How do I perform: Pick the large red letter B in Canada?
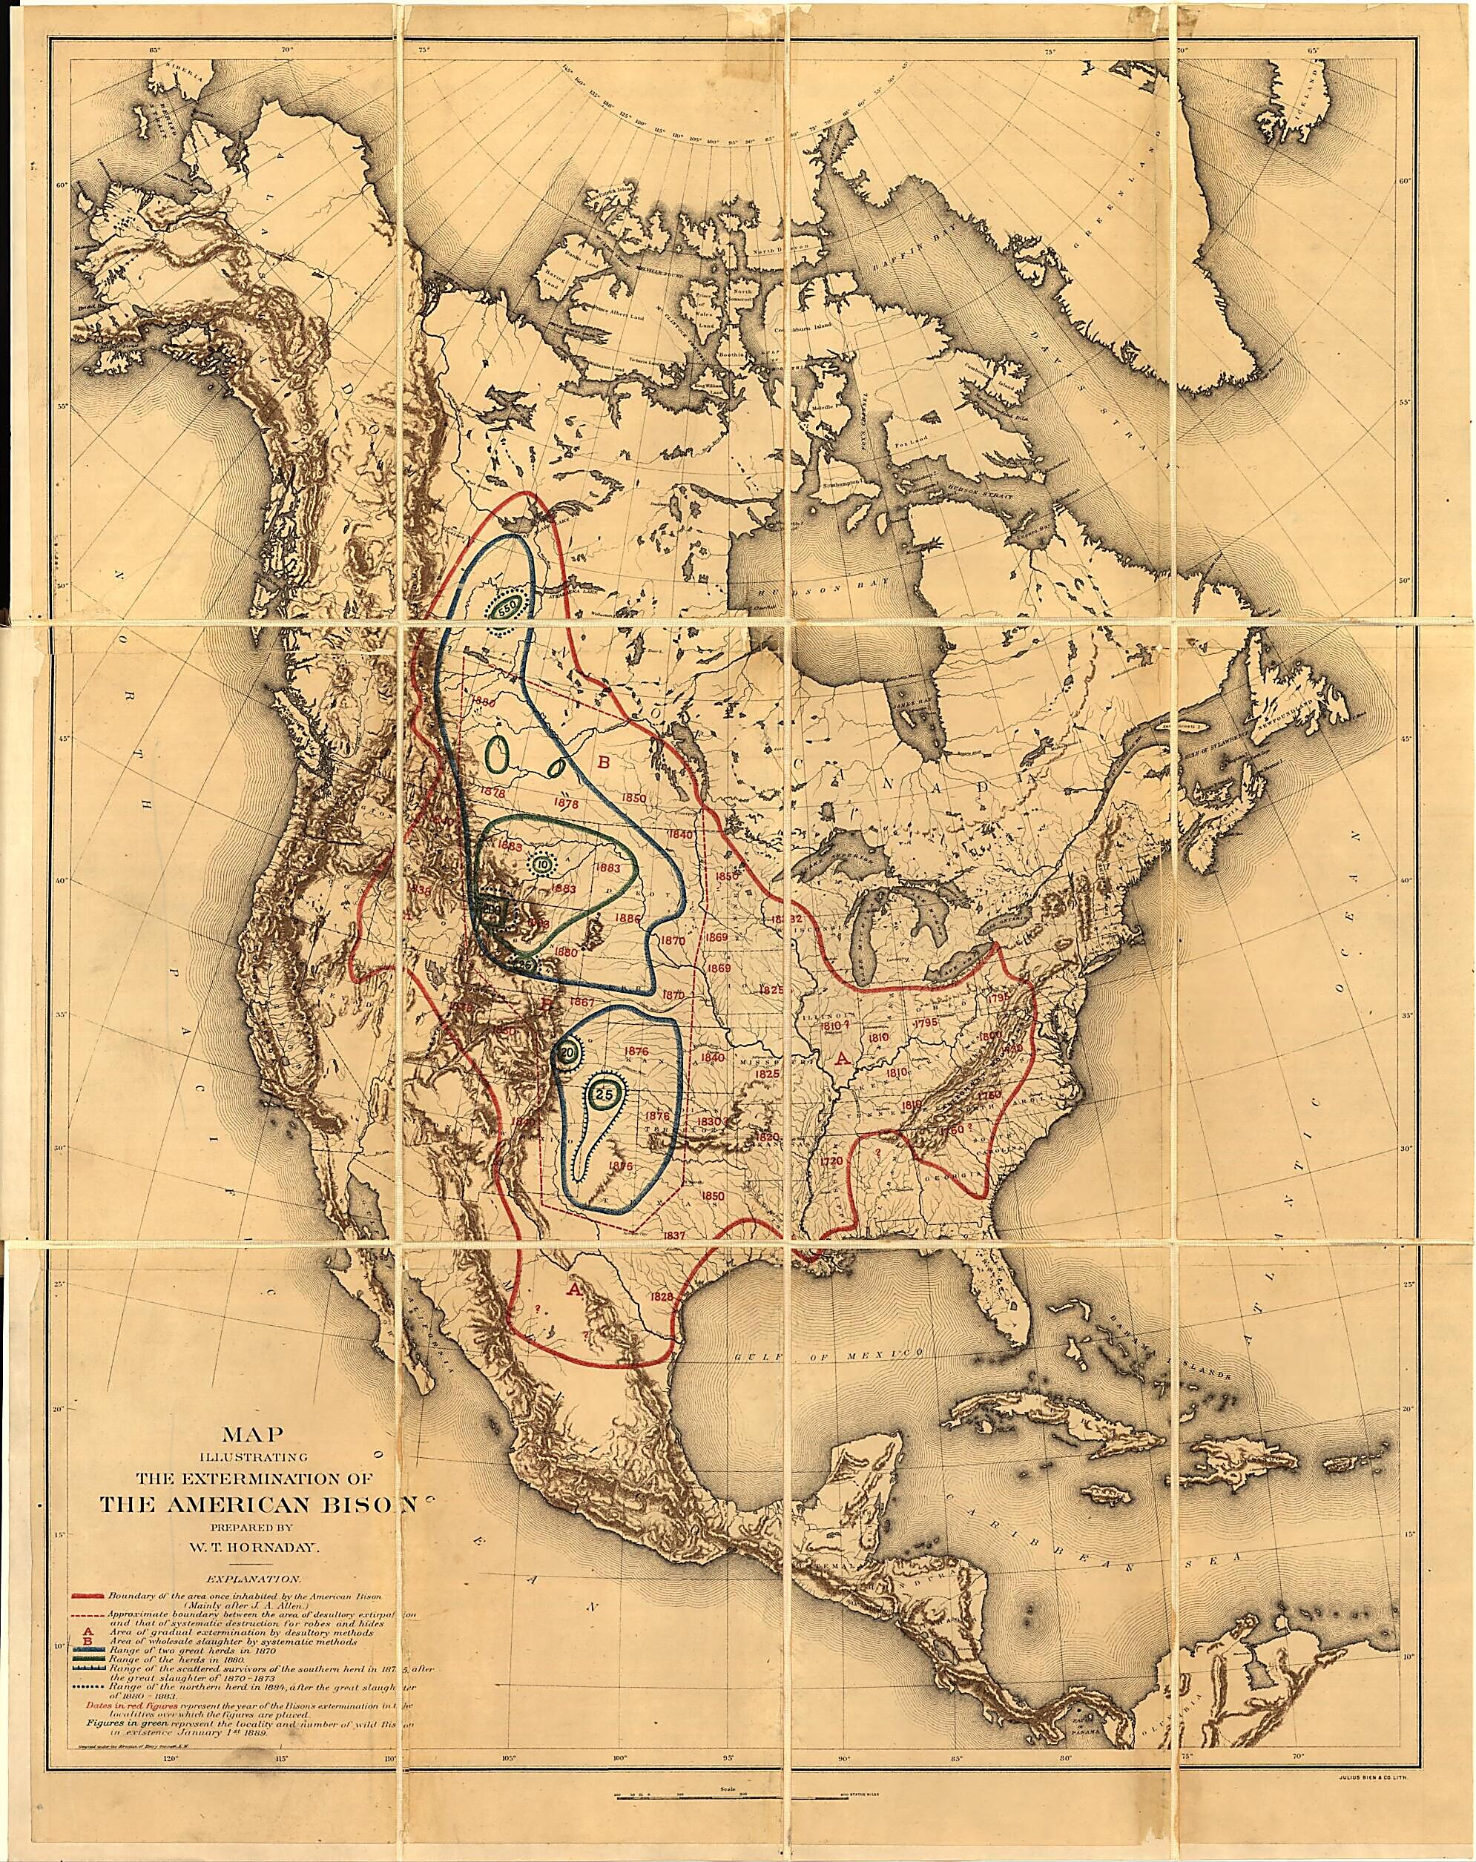pyautogui.click(x=604, y=762)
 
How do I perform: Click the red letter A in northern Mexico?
pyautogui.click(x=572, y=1290)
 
